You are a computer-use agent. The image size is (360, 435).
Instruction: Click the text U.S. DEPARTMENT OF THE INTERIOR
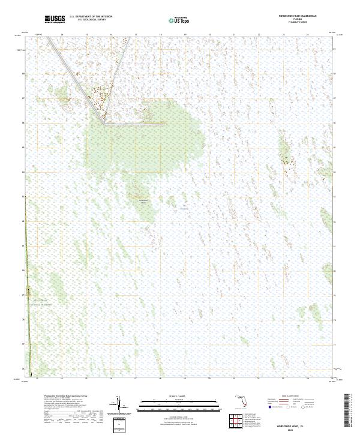(x=91, y=17)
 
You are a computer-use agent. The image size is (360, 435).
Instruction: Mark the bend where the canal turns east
(x=106, y=124)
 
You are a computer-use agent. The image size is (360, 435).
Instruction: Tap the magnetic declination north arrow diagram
(x=120, y=403)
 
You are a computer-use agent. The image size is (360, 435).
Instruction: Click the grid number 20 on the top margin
(x=209, y=35)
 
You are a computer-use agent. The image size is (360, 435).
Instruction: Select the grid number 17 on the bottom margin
(x=136, y=379)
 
